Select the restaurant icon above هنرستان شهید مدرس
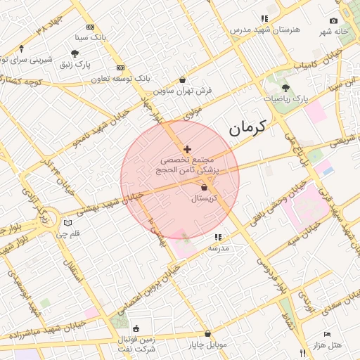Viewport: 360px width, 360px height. pyautogui.click(x=264, y=18)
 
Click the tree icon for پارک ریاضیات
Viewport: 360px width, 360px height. pyautogui.click(x=285, y=88)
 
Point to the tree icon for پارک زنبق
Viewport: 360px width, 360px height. pyautogui.click(x=75, y=53)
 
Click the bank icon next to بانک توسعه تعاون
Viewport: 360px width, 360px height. pyautogui.click(x=120, y=68)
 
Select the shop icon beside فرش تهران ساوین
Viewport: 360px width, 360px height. pyautogui.click(x=183, y=80)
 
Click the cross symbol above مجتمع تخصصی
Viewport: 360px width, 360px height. pyautogui.click(x=186, y=149)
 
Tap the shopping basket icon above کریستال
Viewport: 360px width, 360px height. pyautogui.click(x=205, y=188)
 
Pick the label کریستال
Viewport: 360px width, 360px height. pyautogui.click(x=206, y=199)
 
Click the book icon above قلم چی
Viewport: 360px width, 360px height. pyautogui.click(x=67, y=223)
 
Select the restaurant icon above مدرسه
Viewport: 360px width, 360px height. pyautogui.click(x=217, y=238)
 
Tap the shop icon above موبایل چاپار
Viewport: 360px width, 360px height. pyautogui.click(x=207, y=334)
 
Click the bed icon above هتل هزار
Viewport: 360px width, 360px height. pyautogui.click(x=326, y=334)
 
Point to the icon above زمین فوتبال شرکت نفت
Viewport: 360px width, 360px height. pyautogui.click(x=136, y=328)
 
